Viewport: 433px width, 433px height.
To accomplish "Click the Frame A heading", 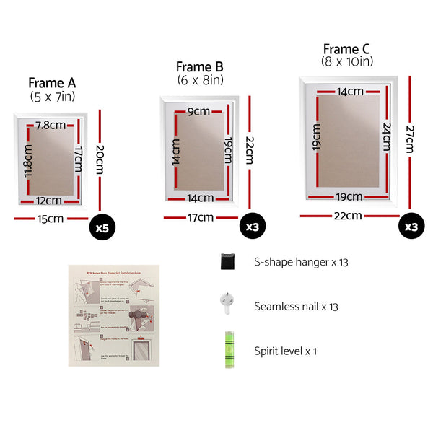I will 51,83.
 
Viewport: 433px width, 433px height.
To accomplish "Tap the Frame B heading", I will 198,67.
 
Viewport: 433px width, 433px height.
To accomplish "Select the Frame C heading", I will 346,49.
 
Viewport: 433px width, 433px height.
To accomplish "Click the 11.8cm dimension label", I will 27,163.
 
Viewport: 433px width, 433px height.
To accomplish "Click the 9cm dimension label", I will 198,112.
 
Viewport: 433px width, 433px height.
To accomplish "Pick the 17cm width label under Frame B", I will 201,217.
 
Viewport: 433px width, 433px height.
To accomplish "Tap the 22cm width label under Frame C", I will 347,215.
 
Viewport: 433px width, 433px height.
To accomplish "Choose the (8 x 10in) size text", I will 346,62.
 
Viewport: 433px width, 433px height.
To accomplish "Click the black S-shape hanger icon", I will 227,262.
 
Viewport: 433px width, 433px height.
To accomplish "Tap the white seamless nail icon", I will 227,305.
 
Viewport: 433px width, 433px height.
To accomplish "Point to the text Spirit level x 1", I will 285,351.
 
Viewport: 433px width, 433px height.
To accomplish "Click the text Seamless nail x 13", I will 296,307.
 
